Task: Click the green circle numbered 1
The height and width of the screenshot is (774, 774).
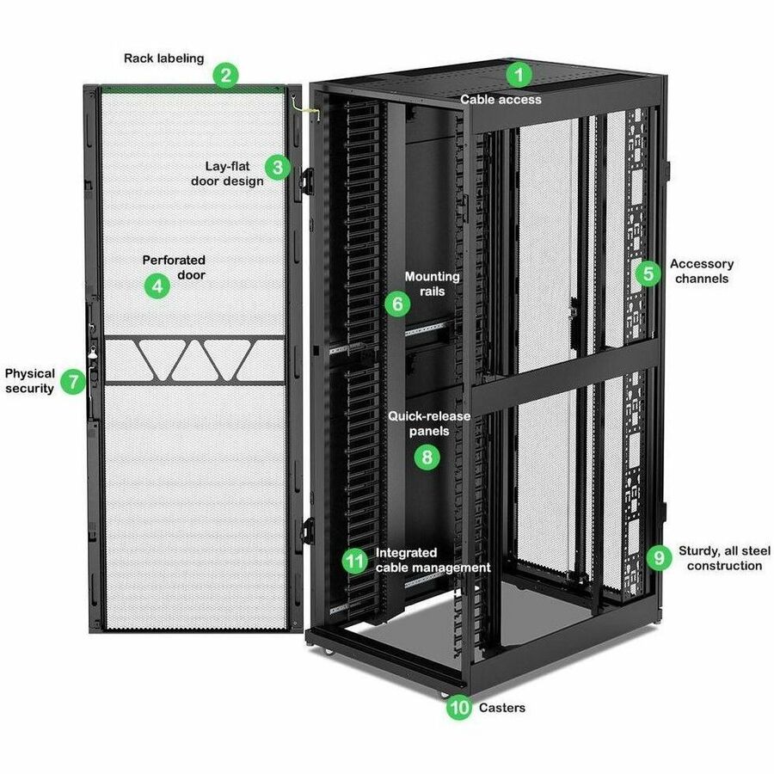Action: coord(518,74)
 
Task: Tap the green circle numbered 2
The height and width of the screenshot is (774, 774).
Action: coord(225,75)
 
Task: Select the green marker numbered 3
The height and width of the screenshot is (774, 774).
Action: coord(277,166)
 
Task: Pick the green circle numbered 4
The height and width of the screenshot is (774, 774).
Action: coord(157,285)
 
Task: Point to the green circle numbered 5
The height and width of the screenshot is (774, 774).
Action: coord(648,273)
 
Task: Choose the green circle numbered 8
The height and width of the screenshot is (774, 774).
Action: coord(427,457)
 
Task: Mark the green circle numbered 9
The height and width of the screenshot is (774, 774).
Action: coord(659,557)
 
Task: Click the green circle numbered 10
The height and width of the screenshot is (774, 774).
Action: coord(460,708)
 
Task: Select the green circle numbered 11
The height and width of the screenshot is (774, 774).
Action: coord(354,561)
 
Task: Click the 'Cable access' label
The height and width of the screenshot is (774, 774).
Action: coord(501,100)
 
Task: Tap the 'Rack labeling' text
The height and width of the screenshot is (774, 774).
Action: coord(163,58)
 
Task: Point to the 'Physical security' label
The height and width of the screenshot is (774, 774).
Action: coord(30,381)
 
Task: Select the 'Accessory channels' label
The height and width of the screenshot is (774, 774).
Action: coord(702,271)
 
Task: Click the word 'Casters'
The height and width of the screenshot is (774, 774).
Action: coord(502,708)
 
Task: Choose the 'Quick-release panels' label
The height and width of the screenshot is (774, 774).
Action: coord(429,423)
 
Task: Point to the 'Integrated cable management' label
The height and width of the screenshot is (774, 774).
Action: coord(433,560)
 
